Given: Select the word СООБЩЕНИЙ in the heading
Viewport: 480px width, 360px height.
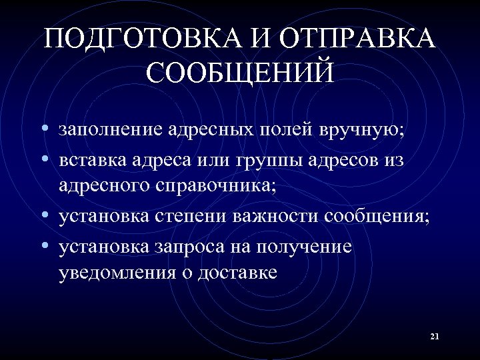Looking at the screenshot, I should pos(240,73).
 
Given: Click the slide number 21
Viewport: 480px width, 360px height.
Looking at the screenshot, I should pos(435,337).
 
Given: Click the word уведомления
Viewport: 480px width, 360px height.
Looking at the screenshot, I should pos(118,273).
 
